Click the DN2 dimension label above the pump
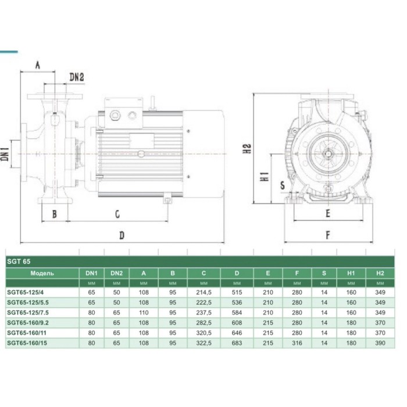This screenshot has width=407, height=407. [77, 77]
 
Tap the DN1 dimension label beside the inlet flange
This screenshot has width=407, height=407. [5, 154]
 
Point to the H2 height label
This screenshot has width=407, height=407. [247, 148]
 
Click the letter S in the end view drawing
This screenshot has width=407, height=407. [283, 185]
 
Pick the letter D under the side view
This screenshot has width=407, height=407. [122, 235]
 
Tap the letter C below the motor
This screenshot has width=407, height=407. [117, 215]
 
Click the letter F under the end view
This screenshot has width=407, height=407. [328, 235]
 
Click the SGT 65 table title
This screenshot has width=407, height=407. [19, 262]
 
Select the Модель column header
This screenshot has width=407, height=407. [42, 273]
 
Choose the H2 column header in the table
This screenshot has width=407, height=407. [380, 273]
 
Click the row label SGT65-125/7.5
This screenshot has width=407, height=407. [28, 313]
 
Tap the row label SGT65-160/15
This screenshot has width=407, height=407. [27, 343]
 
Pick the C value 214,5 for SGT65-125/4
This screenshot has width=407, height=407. [203, 292]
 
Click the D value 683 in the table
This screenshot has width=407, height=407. [237, 343]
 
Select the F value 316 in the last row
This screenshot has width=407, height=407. [297, 343]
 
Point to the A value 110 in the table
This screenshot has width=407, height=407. [144, 313]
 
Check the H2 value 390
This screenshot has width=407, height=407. [380, 343]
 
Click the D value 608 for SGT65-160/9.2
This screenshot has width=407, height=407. [237, 323]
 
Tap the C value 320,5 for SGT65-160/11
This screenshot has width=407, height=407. [203, 333]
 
